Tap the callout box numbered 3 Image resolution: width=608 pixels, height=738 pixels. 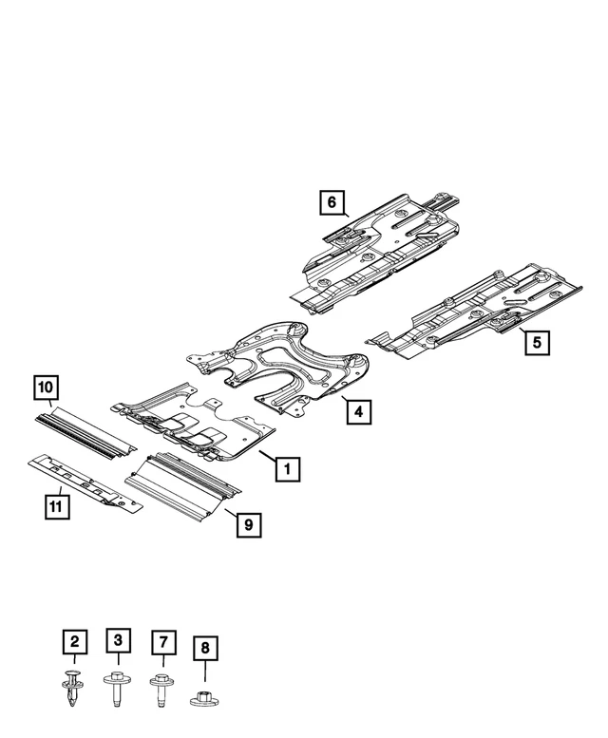pos(118,641)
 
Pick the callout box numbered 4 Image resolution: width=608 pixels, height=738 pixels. pos(357,412)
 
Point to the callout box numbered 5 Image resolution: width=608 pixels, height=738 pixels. pos(538,342)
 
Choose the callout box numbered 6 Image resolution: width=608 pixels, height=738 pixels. pos(331,202)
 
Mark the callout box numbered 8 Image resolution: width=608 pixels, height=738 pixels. pos(204,650)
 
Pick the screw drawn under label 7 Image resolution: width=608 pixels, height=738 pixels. pos(161,689)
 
